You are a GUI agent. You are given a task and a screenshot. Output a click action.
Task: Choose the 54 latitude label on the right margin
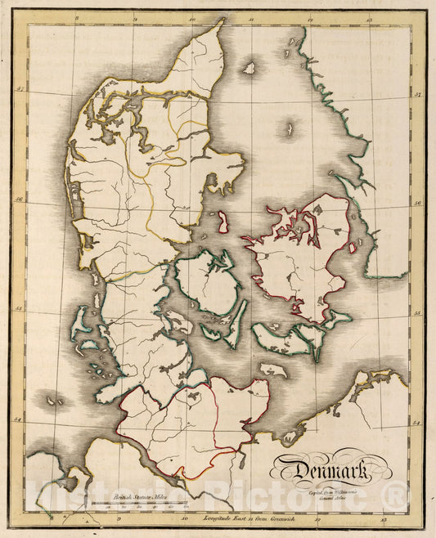(x=417, y=422)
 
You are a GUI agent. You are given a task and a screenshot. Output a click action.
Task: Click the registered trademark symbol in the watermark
(x=395, y=494)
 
